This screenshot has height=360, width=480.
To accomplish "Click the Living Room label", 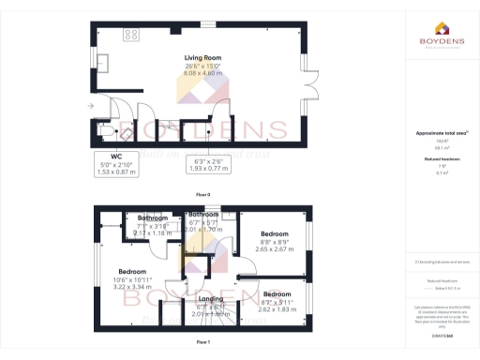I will coord(202,57).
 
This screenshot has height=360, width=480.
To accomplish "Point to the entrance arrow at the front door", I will coord(91,106).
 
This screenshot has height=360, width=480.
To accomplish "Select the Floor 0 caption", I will coord(202,194).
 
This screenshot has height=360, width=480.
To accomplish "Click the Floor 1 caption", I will coord(202,344).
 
